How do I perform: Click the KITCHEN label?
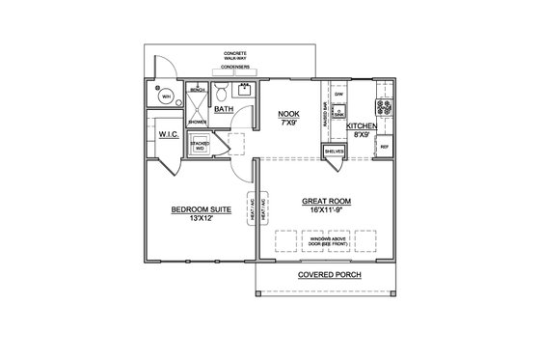(x=361, y=126)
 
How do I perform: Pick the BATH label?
(x=224, y=109)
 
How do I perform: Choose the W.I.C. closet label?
(x=171, y=135)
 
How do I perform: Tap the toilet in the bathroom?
(x=221, y=94)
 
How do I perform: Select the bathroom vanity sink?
(x=245, y=94)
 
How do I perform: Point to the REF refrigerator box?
(x=384, y=147)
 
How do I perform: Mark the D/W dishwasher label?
(x=339, y=96)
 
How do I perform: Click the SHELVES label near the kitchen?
(x=335, y=152)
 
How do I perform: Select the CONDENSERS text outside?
(x=235, y=68)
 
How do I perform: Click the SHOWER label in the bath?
(x=197, y=123)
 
